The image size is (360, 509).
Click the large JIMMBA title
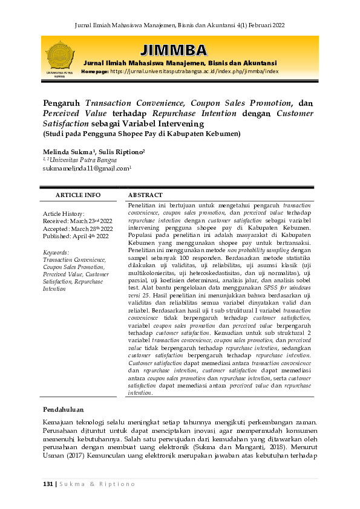[x=172, y=50]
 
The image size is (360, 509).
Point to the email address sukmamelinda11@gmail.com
[x=87, y=169]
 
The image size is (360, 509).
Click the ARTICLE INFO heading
[x=78, y=195]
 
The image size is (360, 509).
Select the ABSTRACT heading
[x=145, y=195]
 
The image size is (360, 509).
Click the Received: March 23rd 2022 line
[x=77, y=221]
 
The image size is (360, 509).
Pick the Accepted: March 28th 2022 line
[x=77, y=229]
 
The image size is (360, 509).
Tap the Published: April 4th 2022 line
[x=76, y=236]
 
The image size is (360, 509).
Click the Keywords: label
[x=56, y=252]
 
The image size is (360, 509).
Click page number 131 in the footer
[x=48, y=484]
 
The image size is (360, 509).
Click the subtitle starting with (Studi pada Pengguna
[x=142, y=134]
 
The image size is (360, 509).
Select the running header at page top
[x=179, y=25]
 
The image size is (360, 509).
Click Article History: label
[x=64, y=214]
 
